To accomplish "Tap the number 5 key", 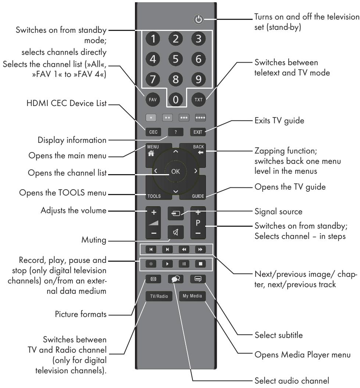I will (178, 59).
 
